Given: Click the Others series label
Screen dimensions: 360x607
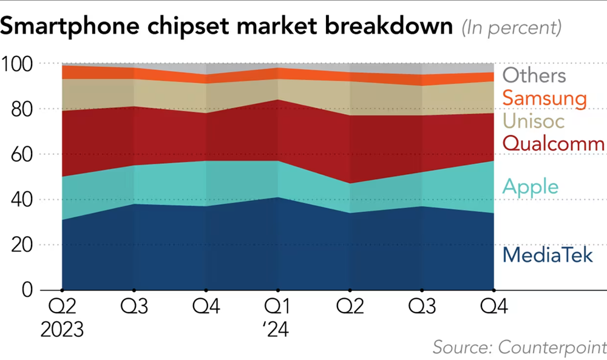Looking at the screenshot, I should (534, 76).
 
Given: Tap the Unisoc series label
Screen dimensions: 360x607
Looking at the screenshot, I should (534, 121).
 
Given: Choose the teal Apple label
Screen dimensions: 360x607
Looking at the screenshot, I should (530, 186).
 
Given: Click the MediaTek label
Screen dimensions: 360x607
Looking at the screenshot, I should (548, 255).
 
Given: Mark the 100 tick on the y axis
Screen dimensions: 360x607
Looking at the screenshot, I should (20, 64).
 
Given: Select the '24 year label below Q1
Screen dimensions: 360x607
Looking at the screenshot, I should (277, 330).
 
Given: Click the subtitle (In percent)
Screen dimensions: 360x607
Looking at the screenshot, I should (511, 28).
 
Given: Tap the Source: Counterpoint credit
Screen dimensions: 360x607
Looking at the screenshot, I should (520, 347).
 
